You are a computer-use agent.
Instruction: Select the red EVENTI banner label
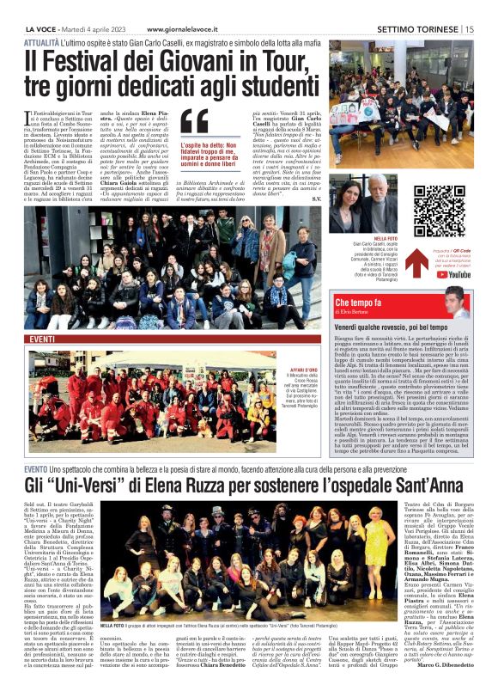click(x=43, y=340)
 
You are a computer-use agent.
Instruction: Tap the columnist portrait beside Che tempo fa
click(x=455, y=302)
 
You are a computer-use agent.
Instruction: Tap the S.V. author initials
click(x=317, y=199)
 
